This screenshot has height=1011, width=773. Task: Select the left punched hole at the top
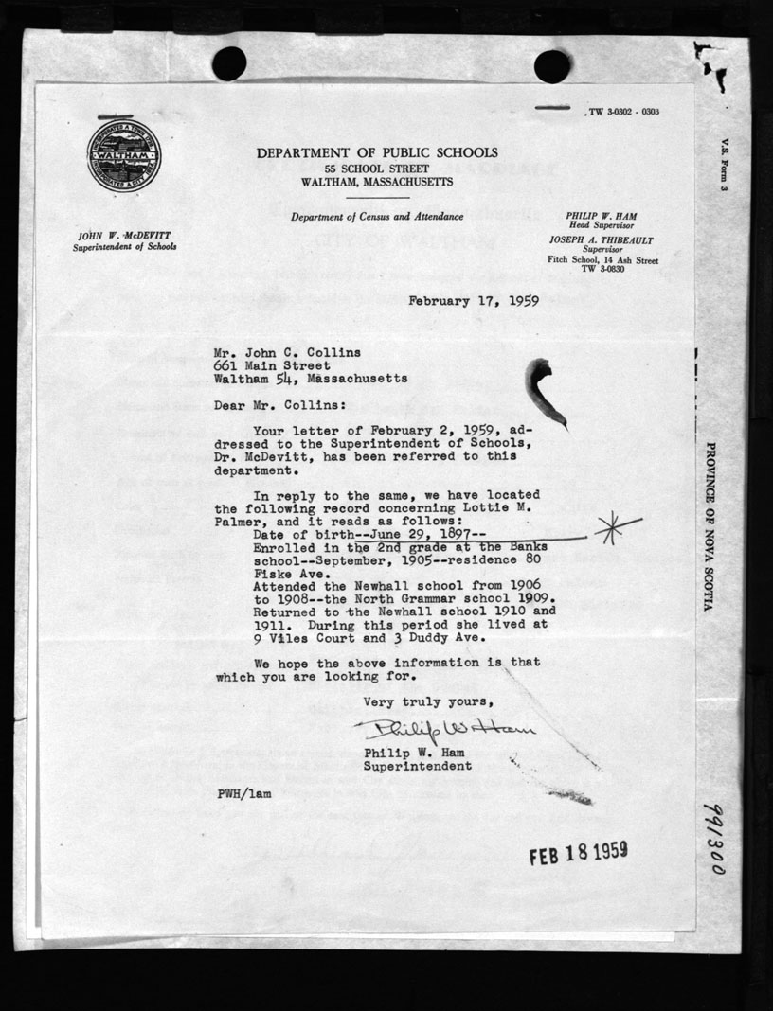coord(229,64)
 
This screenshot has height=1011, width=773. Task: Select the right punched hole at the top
coord(552,65)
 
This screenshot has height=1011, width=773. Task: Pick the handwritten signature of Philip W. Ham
coord(444,730)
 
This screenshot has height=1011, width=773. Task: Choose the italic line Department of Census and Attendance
coord(377,217)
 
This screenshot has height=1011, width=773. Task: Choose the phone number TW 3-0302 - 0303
coord(623,112)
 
